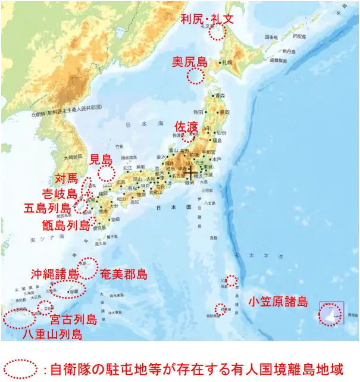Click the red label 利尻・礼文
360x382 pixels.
(208, 18)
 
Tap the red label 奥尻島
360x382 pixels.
(190, 62)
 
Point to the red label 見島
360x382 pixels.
(101, 159)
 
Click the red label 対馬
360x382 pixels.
(66, 179)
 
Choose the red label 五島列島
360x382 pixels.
(47, 209)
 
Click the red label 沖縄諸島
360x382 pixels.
(55, 274)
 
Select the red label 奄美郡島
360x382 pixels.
(123, 275)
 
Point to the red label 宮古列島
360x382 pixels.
(73, 320)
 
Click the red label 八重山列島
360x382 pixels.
(52, 334)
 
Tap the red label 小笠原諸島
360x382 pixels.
(278, 302)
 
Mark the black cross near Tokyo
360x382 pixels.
(191, 173)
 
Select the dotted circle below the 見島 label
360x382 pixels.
(106, 174)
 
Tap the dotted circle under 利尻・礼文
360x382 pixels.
(217, 33)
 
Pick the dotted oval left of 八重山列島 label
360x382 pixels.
(19, 318)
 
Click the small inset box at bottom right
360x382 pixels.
(331, 314)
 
